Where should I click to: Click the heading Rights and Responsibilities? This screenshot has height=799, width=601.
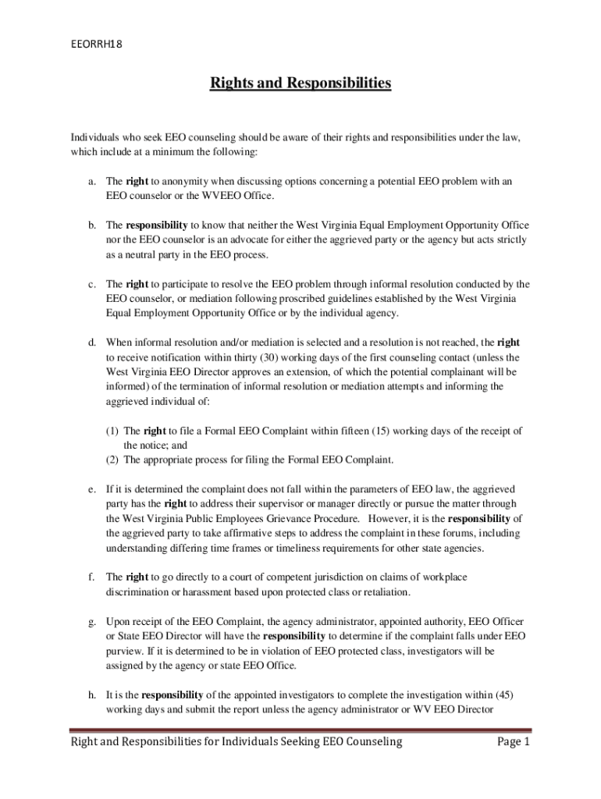(x=300, y=83)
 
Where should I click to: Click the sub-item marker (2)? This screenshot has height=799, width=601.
(x=112, y=460)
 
